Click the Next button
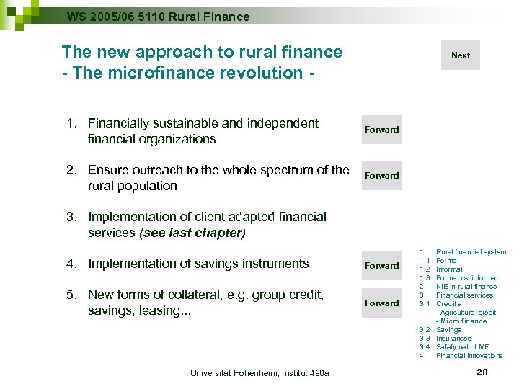pyautogui.click(x=460, y=55)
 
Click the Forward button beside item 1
pyautogui.click(x=381, y=130)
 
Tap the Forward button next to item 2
pyautogui.click(x=381, y=176)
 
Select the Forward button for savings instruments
pyautogui.click(x=381, y=266)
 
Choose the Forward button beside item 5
pyautogui.click(x=381, y=303)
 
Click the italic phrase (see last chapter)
pyautogui.click(x=193, y=233)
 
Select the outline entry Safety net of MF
pyautogui.click(x=462, y=347)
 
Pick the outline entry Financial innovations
pyautogui.click(x=469, y=356)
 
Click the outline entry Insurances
pyautogui.click(x=453, y=339)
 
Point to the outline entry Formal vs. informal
pyautogui.click(x=466, y=278)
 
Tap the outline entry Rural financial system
pyautogui.click(x=471, y=252)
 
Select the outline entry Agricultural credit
pyautogui.click(x=467, y=313)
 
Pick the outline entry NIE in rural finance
pyautogui.click(x=466, y=287)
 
